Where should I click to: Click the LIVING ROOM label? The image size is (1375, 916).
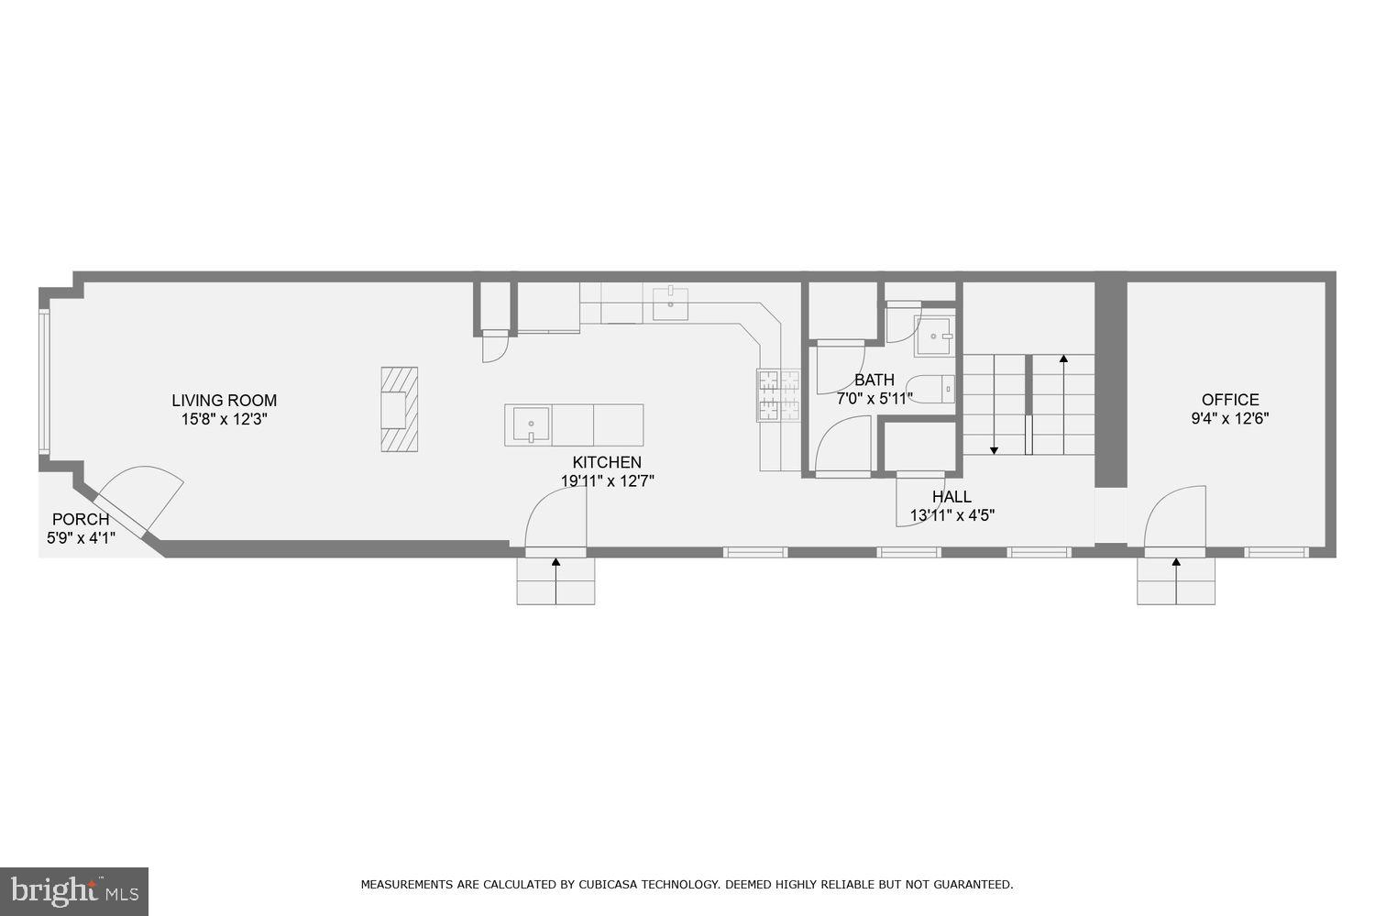(224, 400)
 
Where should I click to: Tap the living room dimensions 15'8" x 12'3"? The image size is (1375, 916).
(224, 419)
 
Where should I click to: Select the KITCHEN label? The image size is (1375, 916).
(607, 462)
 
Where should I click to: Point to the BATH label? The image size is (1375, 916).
(874, 380)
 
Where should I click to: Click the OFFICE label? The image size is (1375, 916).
(1230, 399)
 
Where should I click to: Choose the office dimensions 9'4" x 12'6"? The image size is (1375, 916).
(1230, 418)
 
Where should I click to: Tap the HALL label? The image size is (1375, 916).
(951, 496)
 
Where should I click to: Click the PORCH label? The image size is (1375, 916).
(81, 519)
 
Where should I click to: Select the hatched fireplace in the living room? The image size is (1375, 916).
(400, 408)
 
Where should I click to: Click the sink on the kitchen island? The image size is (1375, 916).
(531, 425)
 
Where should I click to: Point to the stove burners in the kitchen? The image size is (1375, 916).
(777, 395)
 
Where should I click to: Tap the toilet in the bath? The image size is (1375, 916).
(930, 389)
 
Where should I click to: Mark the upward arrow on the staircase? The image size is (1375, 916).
(1063, 360)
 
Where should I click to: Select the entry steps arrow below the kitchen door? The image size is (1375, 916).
(555, 563)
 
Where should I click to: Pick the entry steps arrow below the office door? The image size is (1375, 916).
(1176, 563)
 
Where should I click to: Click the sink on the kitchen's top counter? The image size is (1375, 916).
(670, 303)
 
